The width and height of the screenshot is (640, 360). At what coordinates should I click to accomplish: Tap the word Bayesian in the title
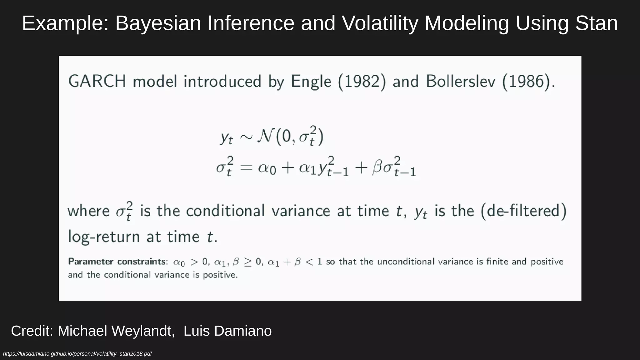pyautogui.click(x=158, y=23)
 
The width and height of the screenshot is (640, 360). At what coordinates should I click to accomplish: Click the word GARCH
pyautogui.click(x=97, y=82)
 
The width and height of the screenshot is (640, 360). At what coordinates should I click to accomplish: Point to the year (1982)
pyautogui.click(x=362, y=82)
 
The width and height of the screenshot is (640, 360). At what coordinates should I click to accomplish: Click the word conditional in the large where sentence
pyautogui.click(x=225, y=211)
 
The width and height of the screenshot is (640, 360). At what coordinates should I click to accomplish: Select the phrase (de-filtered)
pyautogui.click(x=523, y=211)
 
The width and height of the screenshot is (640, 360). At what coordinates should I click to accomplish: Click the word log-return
pyautogui.click(x=104, y=237)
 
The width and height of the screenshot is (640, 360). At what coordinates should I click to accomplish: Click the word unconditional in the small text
pyautogui.click(x=405, y=262)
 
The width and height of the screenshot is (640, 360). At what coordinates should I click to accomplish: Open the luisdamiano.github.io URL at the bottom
pyautogui.click(x=77, y=354)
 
